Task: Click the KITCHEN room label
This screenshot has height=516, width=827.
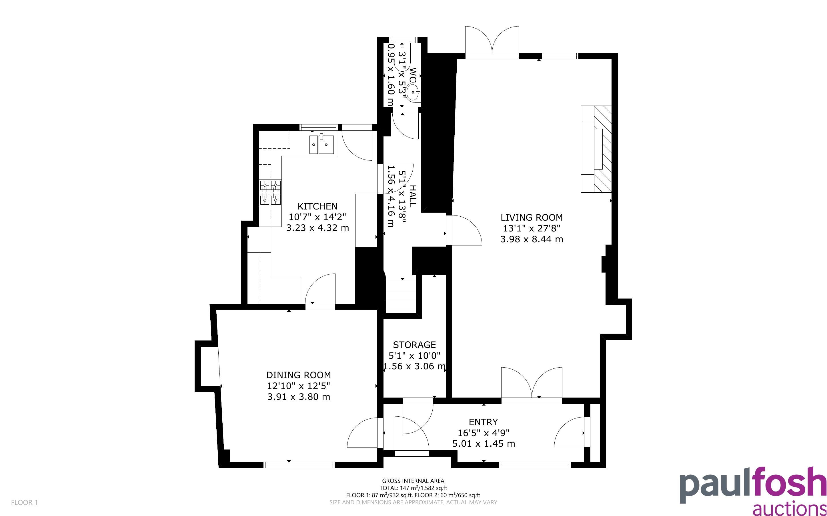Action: (317, 206)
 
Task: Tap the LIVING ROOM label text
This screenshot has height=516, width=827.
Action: (532, 217)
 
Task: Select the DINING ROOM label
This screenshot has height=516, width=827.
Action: (299, 375)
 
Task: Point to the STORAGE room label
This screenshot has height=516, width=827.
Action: (414, 345)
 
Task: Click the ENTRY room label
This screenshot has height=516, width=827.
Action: (483, 422)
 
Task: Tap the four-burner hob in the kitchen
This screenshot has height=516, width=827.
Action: (270, 193)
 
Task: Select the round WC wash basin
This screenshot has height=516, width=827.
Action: (414, 91)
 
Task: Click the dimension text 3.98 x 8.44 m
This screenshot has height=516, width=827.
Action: (532, 239)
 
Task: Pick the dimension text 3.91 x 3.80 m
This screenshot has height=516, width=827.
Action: (299, 397)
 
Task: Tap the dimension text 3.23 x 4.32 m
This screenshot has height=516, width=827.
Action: (317, 228)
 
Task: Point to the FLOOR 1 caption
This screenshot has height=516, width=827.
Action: (24, 502)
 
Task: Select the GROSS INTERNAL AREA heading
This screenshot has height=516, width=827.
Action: (413, 481)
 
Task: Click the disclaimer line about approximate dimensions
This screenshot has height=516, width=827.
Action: (413, 502)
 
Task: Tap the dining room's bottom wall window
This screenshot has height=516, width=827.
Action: (299, 465)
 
